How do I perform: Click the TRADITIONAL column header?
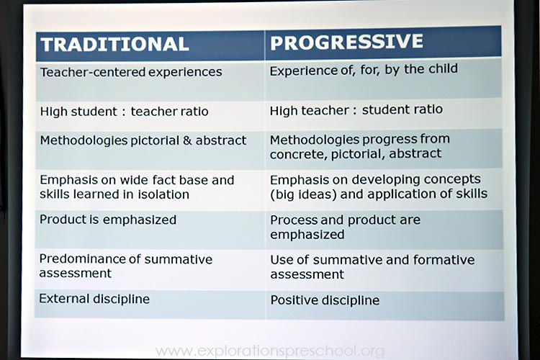point(115,44)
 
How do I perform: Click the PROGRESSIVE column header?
point(346,42)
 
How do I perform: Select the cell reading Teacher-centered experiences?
point(131,73)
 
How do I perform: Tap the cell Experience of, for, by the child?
point(364,71)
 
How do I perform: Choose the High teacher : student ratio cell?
point(356,110)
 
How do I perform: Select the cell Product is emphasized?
point(108,220)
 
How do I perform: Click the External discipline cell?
point(94,299)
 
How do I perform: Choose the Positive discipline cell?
point(325,300)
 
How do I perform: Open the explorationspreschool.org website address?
point(270,351)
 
